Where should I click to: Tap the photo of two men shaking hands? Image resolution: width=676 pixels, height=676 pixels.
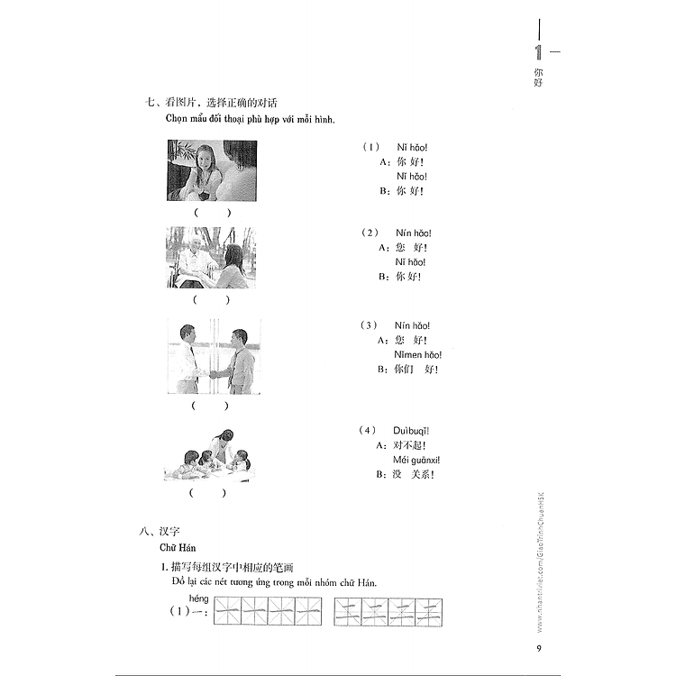pyautogui.click(x=213, y=356)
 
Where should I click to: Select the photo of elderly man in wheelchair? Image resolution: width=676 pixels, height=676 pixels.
pyautogui.click(x=211, y=257)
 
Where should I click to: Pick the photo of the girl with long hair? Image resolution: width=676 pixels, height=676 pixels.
pyautogui.click(x=211, y=170)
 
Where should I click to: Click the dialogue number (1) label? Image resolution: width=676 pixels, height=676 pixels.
pyautogui.click(x=370, y=147)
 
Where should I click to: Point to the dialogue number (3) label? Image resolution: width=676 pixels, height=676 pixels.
pyautogui.click(x=370, y=325)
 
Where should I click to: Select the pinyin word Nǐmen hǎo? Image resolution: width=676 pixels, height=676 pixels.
pyautogui.click(x=418, y=354)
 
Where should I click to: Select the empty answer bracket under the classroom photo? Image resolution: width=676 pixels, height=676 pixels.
pyautogui.click(x=208, y=493)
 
